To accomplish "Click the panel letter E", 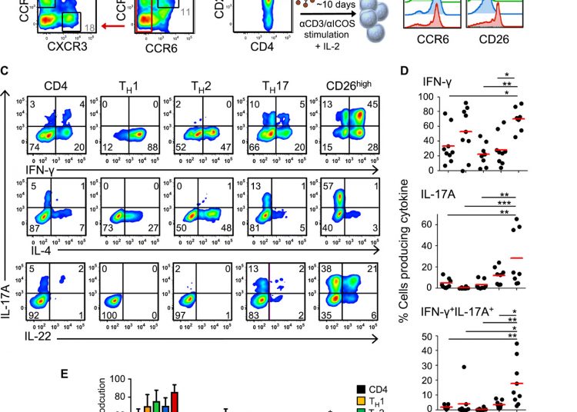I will (65, 374).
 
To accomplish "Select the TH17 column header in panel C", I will (268, 85).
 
